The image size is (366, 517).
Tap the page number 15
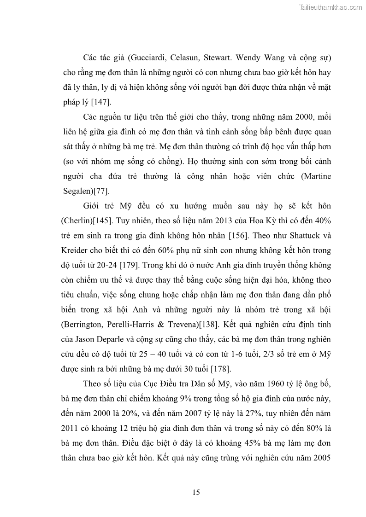196,493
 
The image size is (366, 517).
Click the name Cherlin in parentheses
77,221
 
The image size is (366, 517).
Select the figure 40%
320,221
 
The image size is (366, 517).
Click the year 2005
321,457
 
